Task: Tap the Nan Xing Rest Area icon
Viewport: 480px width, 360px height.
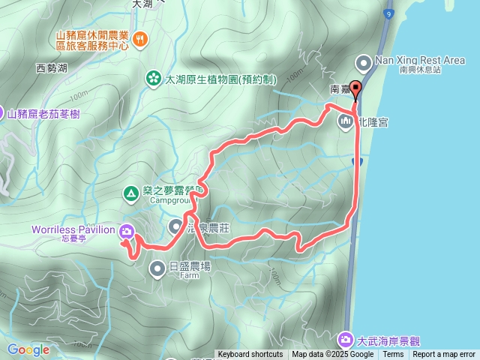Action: (x=364, y=61)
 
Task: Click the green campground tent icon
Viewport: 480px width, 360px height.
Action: (x=130, y=195)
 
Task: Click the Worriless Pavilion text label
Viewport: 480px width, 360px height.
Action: (x=73, y=229)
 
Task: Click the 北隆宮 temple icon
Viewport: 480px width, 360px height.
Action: (x=346, y=121)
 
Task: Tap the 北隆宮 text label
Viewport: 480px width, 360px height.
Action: (x=373, y=121)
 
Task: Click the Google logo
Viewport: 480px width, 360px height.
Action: (x=28, y=349)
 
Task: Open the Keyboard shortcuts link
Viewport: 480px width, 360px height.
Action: (x=250, y=355)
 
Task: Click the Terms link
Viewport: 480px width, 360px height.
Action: (x=392, y=355)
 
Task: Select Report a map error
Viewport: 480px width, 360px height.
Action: (x=444, y=355)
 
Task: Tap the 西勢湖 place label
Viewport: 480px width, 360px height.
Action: (x=52, y=68)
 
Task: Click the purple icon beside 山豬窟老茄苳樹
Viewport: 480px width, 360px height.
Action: (x=2, y=113)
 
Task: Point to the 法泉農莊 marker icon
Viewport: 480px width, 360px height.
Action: (x=175, y=225)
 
